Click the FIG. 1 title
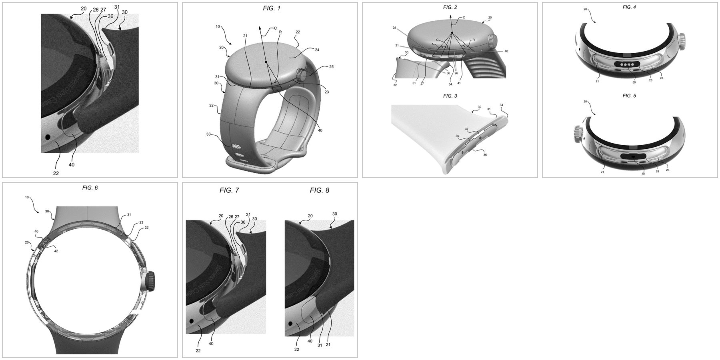(x=270, y=8)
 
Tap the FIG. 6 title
(x=90, y=188)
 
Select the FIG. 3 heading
(x=450, y=96)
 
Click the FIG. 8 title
(x=319, y=190)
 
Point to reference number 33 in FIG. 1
(x=219, y=134)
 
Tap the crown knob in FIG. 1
(x=301, y=74)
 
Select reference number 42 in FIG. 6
(x=56, y=251)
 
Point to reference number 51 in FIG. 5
(x=644, y=173)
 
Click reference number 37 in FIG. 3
(x=467, y=129)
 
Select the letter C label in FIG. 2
(x=464, y=18)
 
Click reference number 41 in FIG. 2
(x=459, y=83)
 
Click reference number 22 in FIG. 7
(x=198, y=350)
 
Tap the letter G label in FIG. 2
(x=438, y=40)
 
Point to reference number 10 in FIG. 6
(x=27, y=197)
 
